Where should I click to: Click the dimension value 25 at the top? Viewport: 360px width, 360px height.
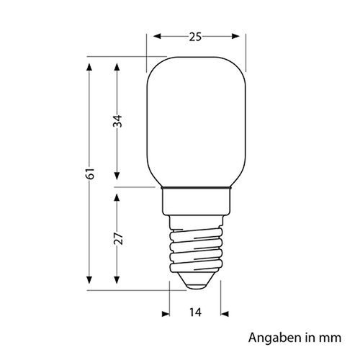pos(195,37)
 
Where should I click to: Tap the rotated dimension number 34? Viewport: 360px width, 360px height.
pos(117,123)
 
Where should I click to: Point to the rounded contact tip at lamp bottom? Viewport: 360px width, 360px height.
pos(196,284)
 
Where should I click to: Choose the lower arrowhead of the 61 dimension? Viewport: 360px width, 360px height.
pos(89,283)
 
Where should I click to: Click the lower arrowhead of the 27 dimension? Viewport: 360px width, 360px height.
pos(117,283)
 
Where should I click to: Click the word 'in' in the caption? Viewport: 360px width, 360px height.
pos(306,337)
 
